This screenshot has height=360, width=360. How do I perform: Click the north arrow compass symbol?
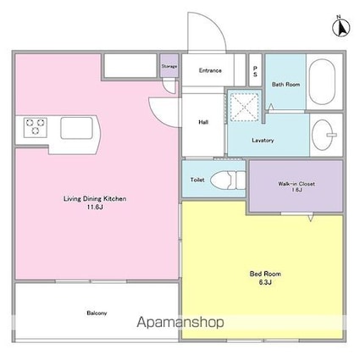click(x=341, y=27)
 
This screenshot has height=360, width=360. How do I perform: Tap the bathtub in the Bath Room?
click(x=322, y=81)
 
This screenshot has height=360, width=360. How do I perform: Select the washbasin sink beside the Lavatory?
click(x=324, y=135)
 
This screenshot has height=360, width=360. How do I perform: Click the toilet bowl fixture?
click(x=228, y=180)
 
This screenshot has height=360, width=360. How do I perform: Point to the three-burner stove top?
click(x=36, y=127)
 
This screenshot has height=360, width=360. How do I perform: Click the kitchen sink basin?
click(x=76, y=128)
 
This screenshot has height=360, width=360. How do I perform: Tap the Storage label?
click(x=169, y=66)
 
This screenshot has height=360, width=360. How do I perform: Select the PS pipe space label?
click(x=255, y=71)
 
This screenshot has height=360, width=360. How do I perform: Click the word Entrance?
click(x=210, y=70)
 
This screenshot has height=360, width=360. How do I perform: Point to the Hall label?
click(x=203, y=122)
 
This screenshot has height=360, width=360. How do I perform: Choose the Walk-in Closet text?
click(x=296, y=184)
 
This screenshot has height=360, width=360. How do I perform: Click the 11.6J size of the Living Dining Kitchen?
click(x=95, y=208)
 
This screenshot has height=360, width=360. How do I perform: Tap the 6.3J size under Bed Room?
click(x=265, y=282)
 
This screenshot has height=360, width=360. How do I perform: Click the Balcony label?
click(x=97, y=313)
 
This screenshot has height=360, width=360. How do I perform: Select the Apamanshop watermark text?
click(x=180, y=322)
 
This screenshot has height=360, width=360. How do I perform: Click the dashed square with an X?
click(x=244, y=107)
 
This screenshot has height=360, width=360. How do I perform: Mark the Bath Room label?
click(x=285, y=84)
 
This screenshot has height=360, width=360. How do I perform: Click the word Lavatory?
click(x=263, y=141)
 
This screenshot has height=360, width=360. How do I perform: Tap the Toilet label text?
click(x=197, y=180)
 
